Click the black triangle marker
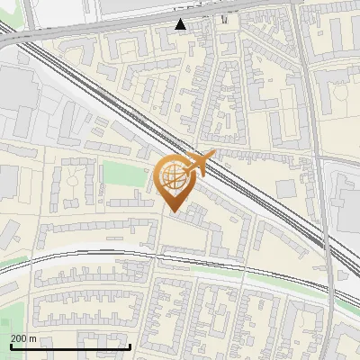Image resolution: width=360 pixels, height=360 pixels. (181, 23)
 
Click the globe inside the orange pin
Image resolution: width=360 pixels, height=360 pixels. (175, 178)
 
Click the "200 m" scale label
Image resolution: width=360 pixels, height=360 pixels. (23, 338)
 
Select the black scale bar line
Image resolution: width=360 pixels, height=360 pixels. (70, 346)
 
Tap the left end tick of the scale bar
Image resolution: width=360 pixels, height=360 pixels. (10, 346)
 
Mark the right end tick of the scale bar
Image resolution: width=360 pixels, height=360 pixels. (130, 346)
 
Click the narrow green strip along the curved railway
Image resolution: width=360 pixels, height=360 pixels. (270, 274)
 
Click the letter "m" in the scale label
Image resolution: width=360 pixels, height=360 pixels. (32, 338)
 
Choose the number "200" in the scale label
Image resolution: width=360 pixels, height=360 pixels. (19, 338)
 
